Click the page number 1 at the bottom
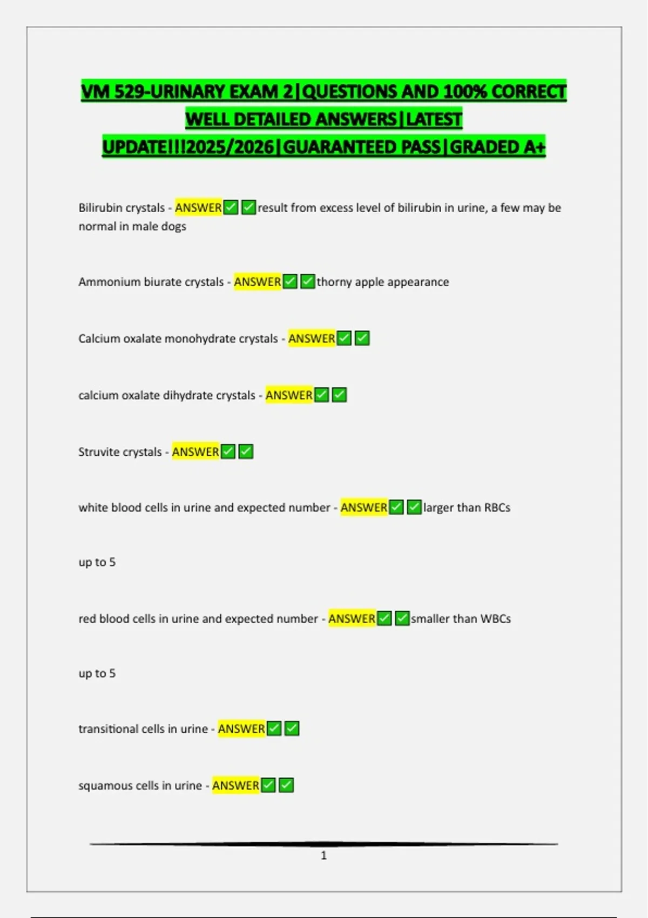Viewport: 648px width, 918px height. [323, 855]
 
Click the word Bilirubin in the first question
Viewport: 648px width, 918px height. [100, 208]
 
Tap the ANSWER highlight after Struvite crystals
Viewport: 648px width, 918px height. [195, 452]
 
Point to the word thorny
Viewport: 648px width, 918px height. [334, 282]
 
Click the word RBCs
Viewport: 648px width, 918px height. [497, 508]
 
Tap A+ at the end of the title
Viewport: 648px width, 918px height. [535, 147]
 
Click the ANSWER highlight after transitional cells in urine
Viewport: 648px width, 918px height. [241, 729]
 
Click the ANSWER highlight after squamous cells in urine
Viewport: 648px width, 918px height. [235, 786]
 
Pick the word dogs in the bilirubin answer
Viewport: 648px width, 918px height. [174, 226]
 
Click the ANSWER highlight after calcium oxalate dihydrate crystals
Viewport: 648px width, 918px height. [289, 395]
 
